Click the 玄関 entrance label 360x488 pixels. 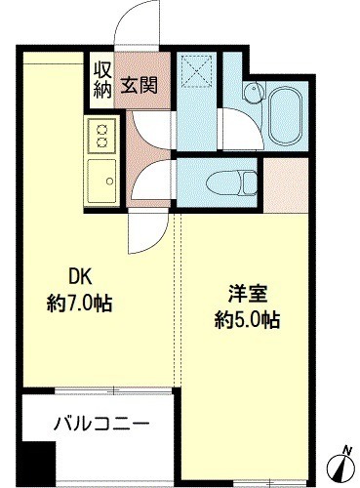pos(140,85)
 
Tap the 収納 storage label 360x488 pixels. pos(102,80)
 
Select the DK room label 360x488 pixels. pos(80,278)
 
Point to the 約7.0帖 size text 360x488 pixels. pos(79,304)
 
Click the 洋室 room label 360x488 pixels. pos(247,294)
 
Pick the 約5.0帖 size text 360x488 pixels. pos(247,320)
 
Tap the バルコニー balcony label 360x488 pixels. pos(101,425)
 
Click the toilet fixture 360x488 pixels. pos(231,182)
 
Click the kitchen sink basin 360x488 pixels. pos(101,181)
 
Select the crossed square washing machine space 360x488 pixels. pos(197,71)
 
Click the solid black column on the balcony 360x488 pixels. pos(39,459)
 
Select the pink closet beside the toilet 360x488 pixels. pos(285,185)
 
